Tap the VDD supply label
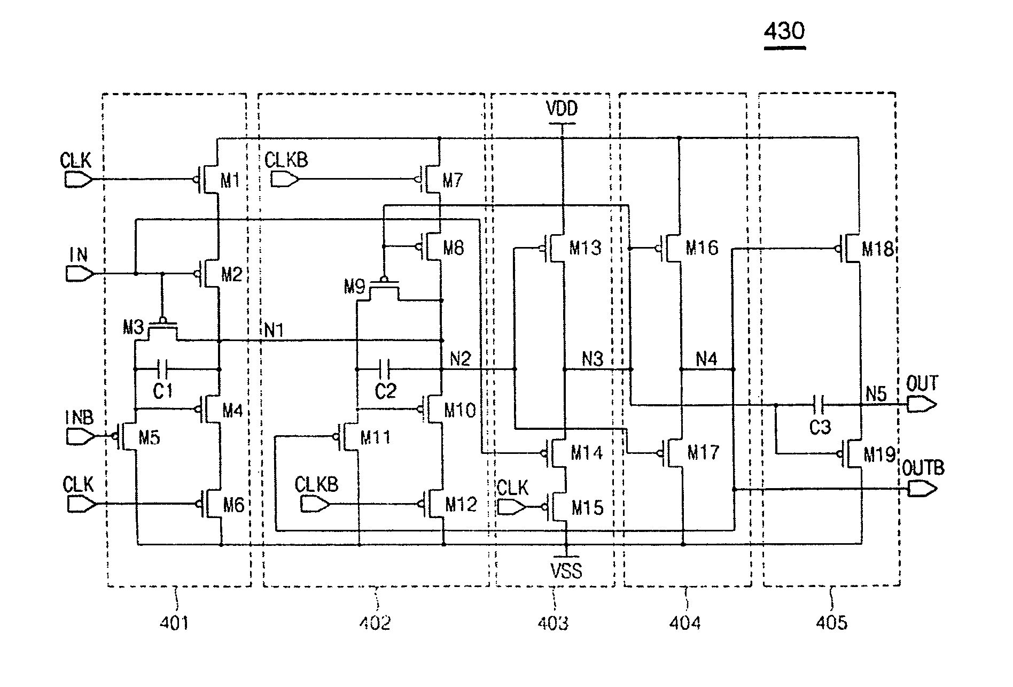(x=562, y=110)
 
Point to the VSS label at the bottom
(x=566, y=571)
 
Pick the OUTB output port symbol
(x=922, y=489)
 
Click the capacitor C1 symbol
(x=163, y=369)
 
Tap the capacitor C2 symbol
(x=385, y=369)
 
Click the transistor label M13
(x=585, y=248)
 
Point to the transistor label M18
(x=877, y=249)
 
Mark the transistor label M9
(x=354, y=288)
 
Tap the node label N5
(x=876, y=394)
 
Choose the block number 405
(x=831, y=622)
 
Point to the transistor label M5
(x=150, y=438)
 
